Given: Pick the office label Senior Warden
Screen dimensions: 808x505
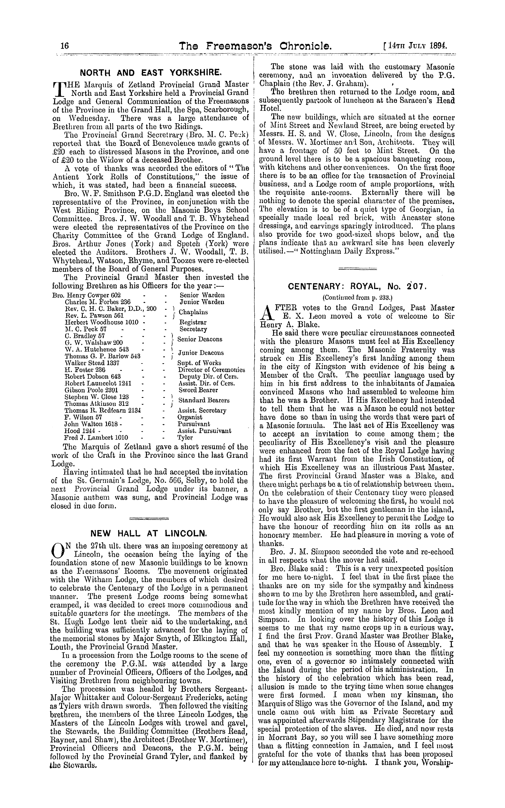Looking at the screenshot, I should [202, 295].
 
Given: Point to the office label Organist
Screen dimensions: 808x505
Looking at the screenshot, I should [190, 417].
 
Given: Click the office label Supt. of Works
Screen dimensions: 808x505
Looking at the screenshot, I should [199, 363].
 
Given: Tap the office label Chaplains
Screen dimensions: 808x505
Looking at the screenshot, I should [193, 312].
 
